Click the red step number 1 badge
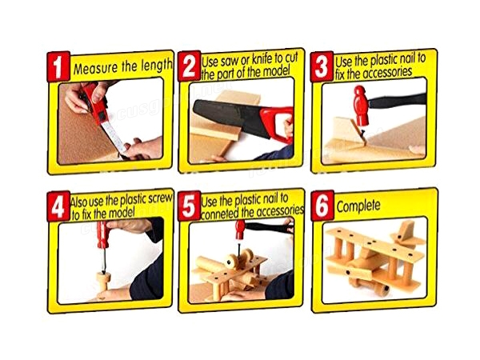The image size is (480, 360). (58, 66)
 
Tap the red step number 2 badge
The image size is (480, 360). (190, 66)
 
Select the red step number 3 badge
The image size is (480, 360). (322, 66)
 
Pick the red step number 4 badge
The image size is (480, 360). (58, 206)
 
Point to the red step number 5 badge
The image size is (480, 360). (190, 206)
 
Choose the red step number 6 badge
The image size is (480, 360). (322, 206)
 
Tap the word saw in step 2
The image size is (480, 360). (228, 62)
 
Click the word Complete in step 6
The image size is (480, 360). (358, 206)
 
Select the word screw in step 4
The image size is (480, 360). (160, 198)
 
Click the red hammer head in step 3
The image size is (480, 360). (361, 106)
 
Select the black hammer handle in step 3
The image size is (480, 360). (398, 101)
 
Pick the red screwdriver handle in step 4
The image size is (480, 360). (103, 234)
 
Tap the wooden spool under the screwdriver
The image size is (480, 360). (103, 282)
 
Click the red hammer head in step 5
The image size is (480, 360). (240, 230)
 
